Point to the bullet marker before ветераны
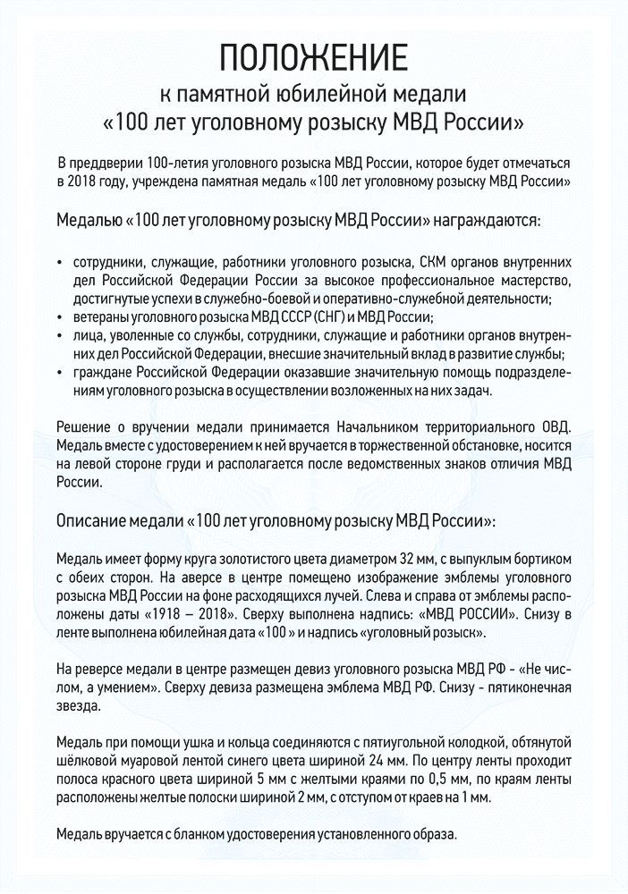coord(59,318)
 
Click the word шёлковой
coord(87,762)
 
